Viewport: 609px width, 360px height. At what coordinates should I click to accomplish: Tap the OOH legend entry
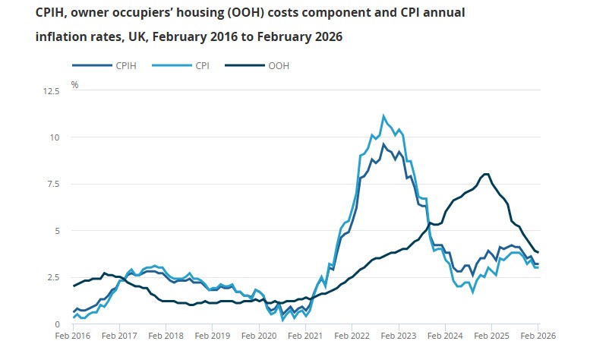tap(279, 66)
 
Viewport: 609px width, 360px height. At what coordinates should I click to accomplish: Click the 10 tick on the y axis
tap(53, 137)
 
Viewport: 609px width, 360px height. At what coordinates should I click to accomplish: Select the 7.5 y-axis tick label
tap(51, 184)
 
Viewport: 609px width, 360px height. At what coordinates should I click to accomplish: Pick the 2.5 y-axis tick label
tap(51, 277)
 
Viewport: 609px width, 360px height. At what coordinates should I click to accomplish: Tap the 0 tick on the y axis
tap(55, 324)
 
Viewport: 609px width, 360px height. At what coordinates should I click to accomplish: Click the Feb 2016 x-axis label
tap(74, 335)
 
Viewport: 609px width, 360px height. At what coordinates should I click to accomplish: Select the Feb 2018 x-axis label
tap(166, 335)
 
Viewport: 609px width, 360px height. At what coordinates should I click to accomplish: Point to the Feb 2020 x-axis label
tap(259, 335)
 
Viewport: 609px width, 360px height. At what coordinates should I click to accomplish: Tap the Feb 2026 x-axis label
tap(537, 335)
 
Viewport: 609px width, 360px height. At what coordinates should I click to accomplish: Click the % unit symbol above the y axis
tap(74, 84)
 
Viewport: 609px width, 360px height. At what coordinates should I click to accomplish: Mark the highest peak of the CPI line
tap(383, 115)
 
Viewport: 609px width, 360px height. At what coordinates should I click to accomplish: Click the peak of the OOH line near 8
tap(485, 174)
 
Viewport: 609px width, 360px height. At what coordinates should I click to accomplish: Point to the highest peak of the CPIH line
tap(383, 144)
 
